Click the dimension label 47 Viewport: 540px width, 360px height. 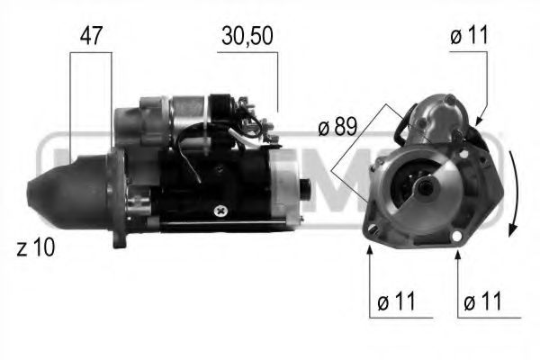91,36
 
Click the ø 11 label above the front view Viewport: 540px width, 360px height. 468,36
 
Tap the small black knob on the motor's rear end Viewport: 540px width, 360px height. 304,189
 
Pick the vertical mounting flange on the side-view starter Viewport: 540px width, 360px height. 117,198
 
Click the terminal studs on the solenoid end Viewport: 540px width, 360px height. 261,126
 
